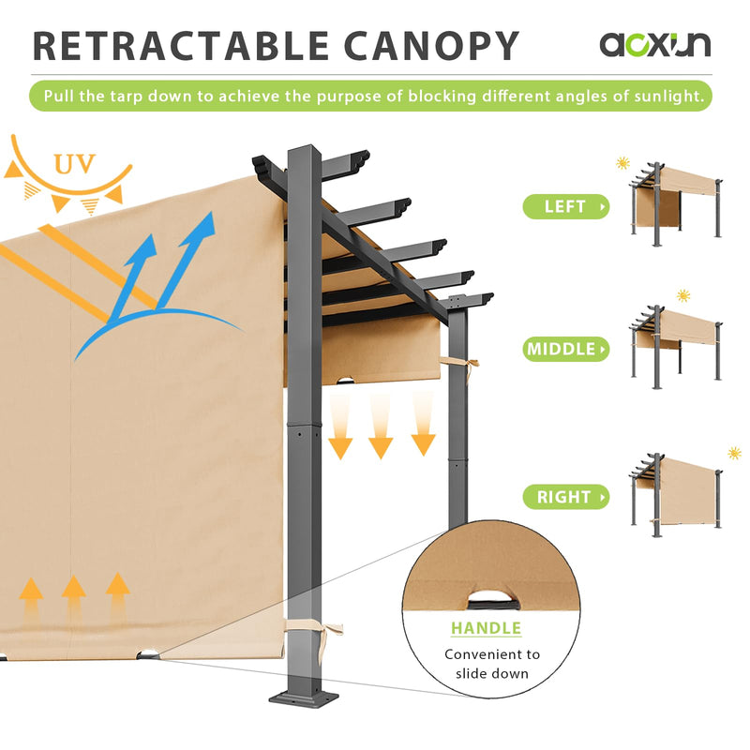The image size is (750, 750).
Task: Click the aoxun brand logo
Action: click(655, 44)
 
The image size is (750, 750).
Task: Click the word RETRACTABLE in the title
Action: click(177, 46)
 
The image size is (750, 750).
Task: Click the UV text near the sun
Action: click(74, 165)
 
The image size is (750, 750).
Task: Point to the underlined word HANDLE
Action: click(486, 628)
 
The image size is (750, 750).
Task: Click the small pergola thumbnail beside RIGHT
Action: click(677, 492)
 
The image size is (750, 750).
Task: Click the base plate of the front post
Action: click(307, 698)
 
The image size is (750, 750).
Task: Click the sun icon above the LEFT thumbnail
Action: click(623, 163)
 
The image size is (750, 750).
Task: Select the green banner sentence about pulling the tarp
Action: click(370, 96)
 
